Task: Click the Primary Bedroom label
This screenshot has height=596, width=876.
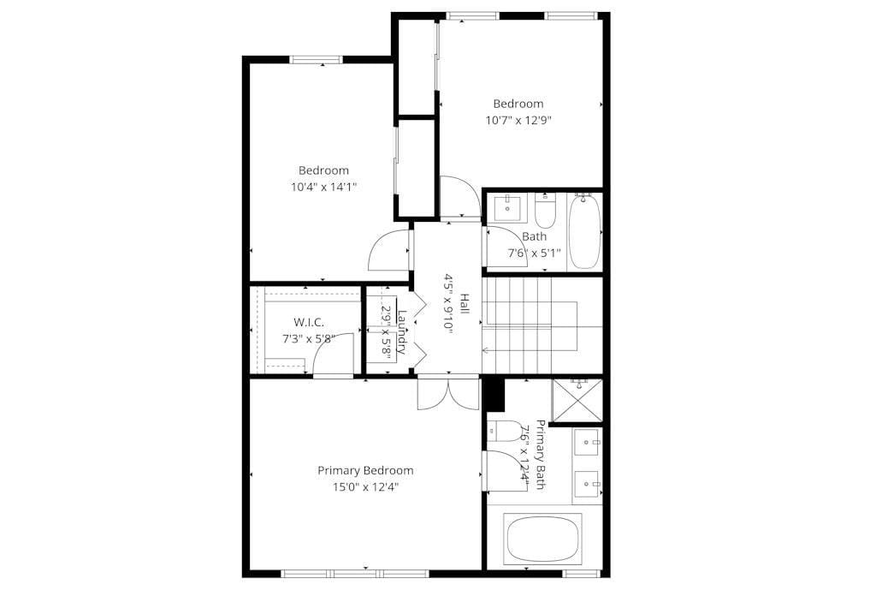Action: (365, 470)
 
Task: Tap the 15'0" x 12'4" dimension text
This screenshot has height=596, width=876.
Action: (365, 487)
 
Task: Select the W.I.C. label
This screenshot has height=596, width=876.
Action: (308, 322)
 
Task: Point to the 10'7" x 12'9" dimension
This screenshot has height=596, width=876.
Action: (518, 121)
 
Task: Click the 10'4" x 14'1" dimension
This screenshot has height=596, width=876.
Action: (323, 187)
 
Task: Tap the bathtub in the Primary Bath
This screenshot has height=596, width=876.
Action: (542, 539)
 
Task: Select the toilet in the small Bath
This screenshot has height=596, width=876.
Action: (546, 210)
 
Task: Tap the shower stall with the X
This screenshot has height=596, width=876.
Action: (577, 400)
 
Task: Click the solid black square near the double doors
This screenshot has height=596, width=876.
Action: (494, 394)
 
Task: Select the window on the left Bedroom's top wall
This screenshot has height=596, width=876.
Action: (315, 59)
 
